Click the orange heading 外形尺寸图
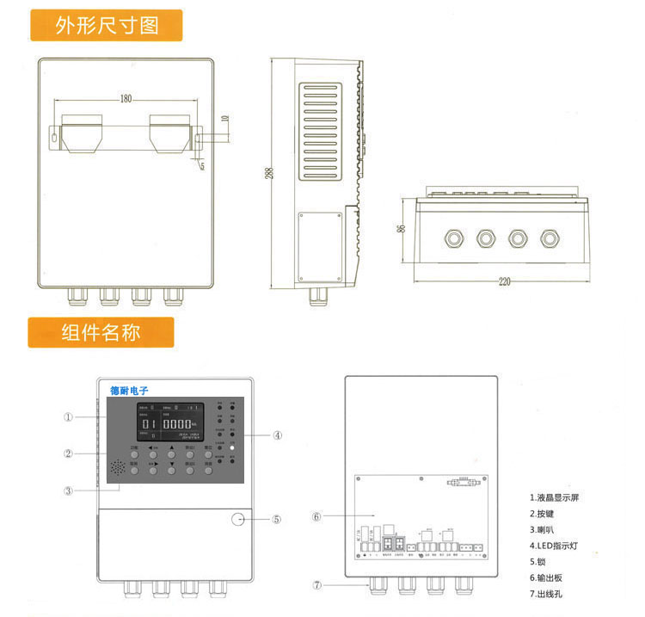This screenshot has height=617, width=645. point(107,25)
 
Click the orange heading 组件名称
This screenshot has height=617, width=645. point(101,332)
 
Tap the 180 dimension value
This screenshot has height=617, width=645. point(126,100)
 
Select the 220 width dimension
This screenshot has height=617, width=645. point(504,281)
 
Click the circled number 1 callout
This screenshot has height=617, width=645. point(68,417)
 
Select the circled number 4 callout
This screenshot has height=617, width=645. point(278,435)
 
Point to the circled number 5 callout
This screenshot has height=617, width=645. point(277,519)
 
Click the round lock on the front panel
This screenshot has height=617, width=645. point(238,519)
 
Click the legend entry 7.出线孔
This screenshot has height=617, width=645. point(550,593)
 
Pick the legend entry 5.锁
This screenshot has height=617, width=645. point(540,561)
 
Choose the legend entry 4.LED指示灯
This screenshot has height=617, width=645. point(557,546)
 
